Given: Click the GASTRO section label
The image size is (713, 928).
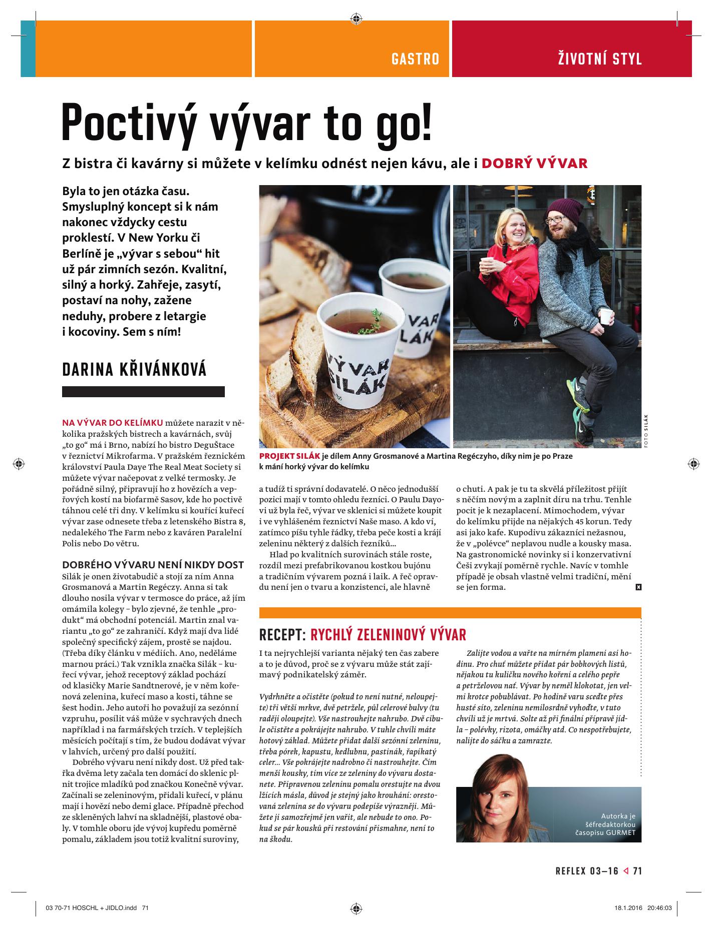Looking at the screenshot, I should (415, 59).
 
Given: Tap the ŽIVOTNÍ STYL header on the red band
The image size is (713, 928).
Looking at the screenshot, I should (600, 59).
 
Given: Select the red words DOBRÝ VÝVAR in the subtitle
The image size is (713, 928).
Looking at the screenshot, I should (534, 164).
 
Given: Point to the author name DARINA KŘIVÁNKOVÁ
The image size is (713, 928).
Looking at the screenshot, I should (134, 370).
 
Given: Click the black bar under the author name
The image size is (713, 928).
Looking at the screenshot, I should (143, 392).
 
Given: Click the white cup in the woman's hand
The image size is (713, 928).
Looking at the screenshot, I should (484, 263).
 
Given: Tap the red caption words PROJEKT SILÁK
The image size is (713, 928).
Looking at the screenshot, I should (289, 456).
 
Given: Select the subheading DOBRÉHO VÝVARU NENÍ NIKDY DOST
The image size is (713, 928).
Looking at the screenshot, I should (153, 565).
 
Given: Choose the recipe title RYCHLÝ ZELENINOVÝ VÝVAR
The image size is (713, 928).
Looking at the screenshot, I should (388, 635).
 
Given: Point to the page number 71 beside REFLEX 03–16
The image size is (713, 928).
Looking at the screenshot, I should (637, 871).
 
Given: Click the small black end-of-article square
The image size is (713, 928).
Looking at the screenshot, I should (638, 587).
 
